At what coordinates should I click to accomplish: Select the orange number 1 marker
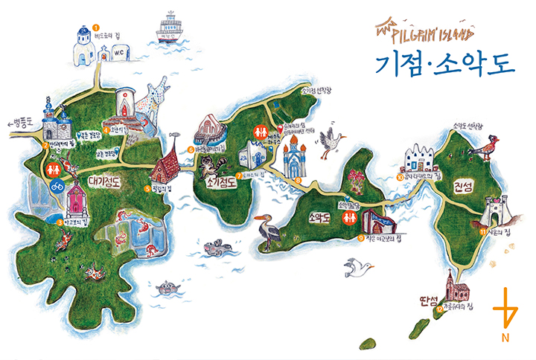click(95, 28)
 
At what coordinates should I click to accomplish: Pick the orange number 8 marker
click(299, 179)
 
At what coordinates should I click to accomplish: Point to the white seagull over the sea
click(358, 266)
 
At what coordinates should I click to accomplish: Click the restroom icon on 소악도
click(349, 218)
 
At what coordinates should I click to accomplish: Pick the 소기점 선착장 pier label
click(296, 91)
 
